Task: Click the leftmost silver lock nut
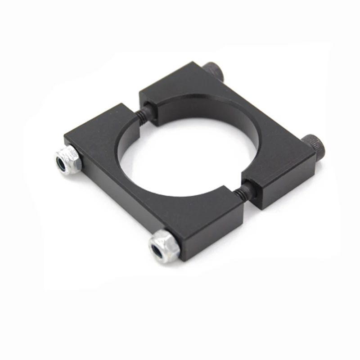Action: click(x=68, y=160)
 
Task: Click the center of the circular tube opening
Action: click(x=180, y=148)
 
